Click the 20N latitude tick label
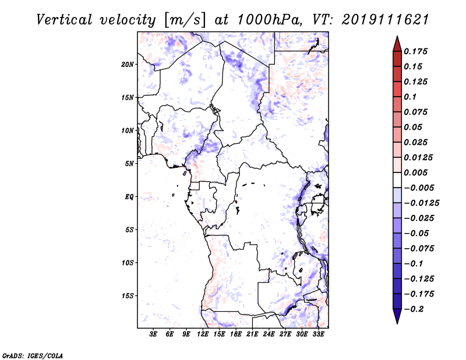[x=128, y=65]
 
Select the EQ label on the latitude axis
[x=129, y=197]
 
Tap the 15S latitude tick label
[x=128, y=296]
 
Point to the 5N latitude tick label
[x=129, y=164]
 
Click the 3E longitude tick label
[x=153, y=334]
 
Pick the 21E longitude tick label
[x=252, y=334]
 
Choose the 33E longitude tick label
[x=318, y=334]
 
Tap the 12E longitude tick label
[x=202, y=334]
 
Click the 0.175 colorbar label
[x=416, y=51]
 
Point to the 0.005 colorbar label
[x=416, y=172]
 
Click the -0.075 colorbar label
[x=419, y=249]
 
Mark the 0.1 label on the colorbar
[x=410, y=97]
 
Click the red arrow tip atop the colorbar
[x=397, y=37]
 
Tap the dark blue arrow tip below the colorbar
[x=397, y=323]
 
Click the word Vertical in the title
[x=64, y=20]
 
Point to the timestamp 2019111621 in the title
[x=386, y=20]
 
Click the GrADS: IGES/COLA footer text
[x=33, y=356]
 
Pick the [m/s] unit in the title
[x=185, y=20]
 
